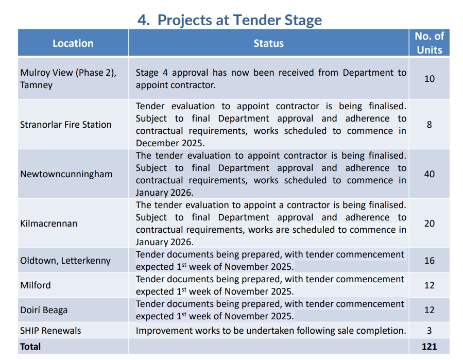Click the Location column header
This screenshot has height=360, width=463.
click(73, 43)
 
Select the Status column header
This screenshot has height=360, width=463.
click(268, 43)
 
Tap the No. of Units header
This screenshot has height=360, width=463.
click(430, 43)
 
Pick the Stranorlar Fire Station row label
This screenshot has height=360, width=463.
click(65, 125)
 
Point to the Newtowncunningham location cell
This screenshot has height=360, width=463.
click(66, 174)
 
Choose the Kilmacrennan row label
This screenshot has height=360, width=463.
click(49, 224)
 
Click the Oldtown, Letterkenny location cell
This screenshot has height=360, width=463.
click(65, 261)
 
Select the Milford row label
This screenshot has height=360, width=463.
click(36, 285)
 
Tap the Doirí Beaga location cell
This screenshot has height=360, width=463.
click(44, 310)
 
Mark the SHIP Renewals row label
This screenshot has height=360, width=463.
click(50, 331)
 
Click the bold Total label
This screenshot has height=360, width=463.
click(30, 347)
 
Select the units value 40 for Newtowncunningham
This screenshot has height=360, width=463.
click(430, 174)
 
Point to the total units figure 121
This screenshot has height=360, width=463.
click(430, 347)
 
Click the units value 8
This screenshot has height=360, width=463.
click(430, 125)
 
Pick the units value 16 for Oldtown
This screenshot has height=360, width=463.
click(430, 261)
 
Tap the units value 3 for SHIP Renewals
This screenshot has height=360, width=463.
click(430, 331)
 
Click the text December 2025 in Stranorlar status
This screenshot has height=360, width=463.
click(170, 143)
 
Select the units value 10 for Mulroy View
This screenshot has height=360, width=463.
click(430, 79)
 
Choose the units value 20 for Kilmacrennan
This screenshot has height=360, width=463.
click(430, 224)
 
